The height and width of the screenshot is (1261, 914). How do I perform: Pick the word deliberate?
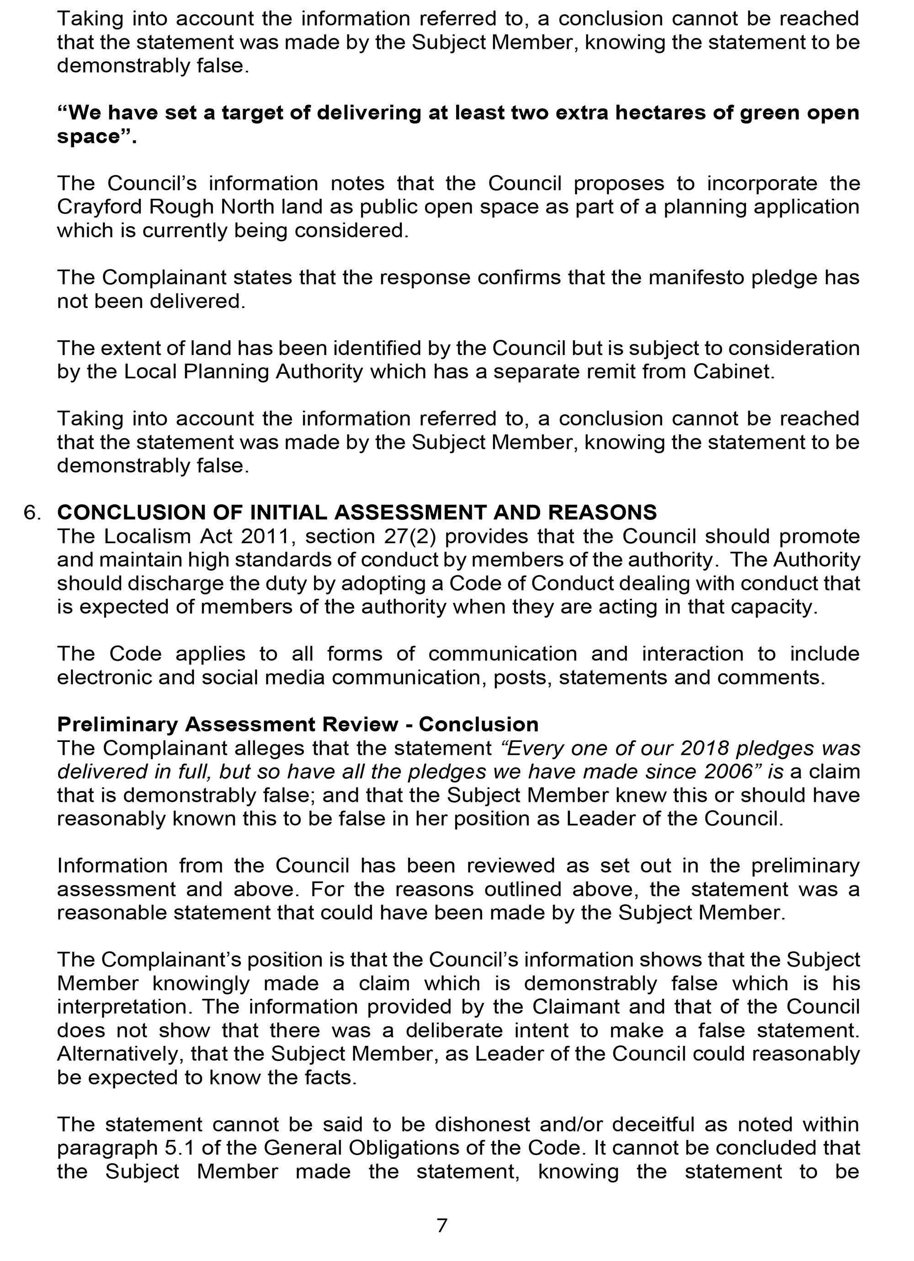(x=454, y=1030)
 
